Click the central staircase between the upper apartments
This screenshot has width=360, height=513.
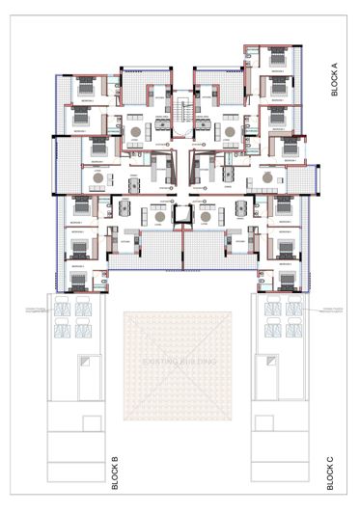pos(180,110)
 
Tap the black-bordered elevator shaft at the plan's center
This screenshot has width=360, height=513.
pos(180,217)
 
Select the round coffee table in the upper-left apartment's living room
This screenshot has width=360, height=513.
pos(137,131)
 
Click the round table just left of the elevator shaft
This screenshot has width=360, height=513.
pos(154,218)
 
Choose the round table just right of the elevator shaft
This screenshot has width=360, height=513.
pos(205,218)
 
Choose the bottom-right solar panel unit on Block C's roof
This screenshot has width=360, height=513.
pos(291,332)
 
